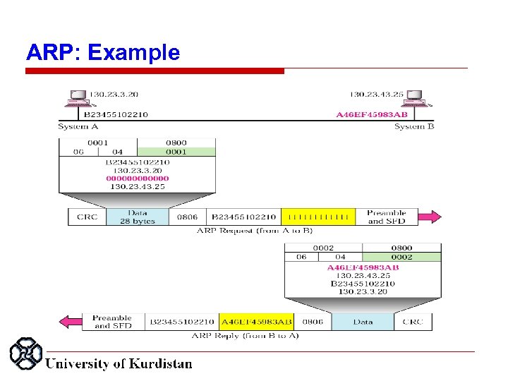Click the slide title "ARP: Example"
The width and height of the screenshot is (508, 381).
pyautogui.click(x=103, y=52)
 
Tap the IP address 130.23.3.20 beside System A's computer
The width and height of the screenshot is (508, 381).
pyautogui.click(x=113, y=94)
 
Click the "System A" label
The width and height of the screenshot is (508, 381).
pyautogui.click(x=78, y=127)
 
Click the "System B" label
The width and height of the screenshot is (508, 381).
pyautogui.click(x=409, y=127)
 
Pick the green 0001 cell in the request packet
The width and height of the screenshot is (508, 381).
pyautogui.click(x=176, y=152)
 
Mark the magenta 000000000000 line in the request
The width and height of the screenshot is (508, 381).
pyautogui.click(x=138, y=179)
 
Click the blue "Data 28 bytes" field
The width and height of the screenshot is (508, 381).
pyautogui.click(x=138, y=217)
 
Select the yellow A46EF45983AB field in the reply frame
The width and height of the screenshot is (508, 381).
pyautogui.click(x=257, y=322)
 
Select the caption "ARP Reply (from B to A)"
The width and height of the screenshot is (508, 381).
pyautogui.click(x=245, y=336)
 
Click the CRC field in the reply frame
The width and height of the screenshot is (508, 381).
pyautogui.click(x=413, y=322)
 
